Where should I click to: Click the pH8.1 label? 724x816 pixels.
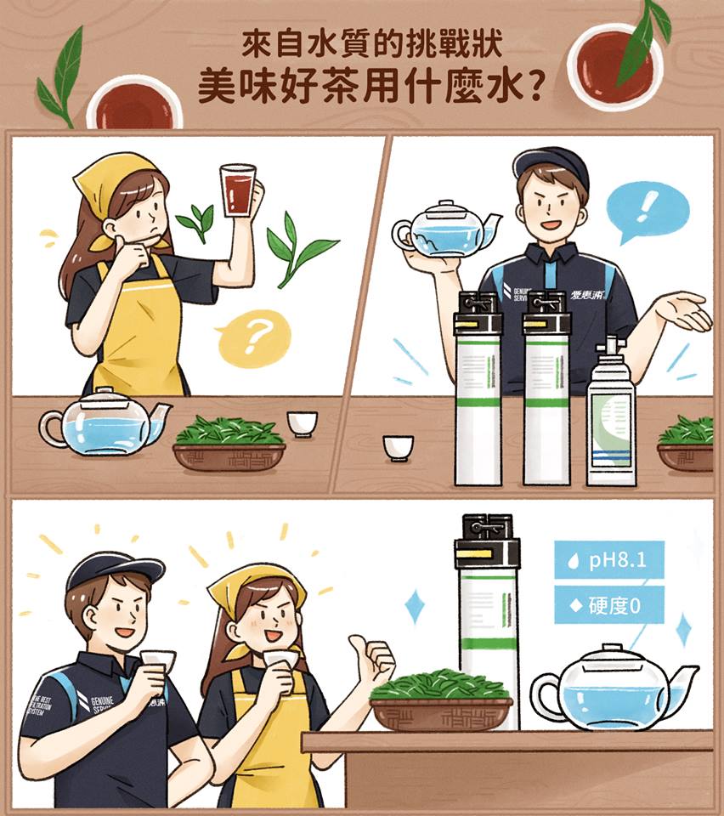pyautogui.click(x=608, y=561)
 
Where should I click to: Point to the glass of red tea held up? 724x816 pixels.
pyautogui.click(x=237, y=190)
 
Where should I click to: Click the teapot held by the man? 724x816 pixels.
pyautogui.click(x=444, y=229)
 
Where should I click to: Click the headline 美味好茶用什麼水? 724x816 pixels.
pyautogui.click(x=370, y=85)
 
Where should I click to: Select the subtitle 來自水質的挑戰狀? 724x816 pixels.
pyautogui.click(x=370, y=42)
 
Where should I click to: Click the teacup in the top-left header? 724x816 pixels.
pyautogui.click(x=134, y=103)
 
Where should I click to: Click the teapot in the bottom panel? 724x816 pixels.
pyautogui.click(x=610, y=689)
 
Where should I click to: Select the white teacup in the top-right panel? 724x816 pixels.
pyautogui.click(x=398, y=446)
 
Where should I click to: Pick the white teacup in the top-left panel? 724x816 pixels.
pyautogui.click(x=302, y=422)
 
